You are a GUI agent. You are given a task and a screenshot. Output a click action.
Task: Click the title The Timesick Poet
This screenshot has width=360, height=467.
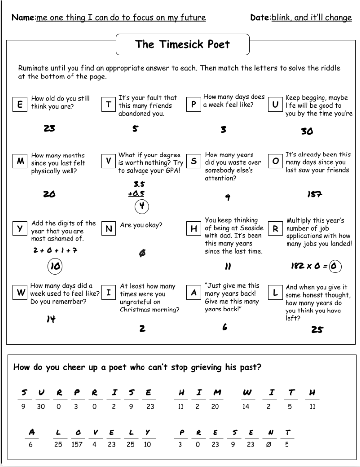tap(182, 44)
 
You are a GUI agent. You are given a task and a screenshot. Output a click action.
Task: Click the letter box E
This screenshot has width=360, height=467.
tap(20, 105)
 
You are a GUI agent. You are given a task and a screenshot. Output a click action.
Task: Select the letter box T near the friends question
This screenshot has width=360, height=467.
tap(108, 105)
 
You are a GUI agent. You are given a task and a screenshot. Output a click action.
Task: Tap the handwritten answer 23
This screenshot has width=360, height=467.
tap(49, 129)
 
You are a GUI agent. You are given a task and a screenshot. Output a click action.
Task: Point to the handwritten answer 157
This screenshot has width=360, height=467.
tap(315, 194)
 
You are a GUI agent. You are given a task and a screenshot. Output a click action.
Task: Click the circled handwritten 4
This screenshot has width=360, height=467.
tap(142, 205)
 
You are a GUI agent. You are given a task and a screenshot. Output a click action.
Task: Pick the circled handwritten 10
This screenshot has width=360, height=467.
tap(55, 267)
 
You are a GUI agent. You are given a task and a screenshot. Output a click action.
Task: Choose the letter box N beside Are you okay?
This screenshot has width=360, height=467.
tap(108, 229)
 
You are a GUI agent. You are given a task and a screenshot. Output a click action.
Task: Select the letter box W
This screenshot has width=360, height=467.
tap(21, 292)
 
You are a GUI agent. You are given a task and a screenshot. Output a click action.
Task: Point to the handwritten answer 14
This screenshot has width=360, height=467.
tap(50, 319)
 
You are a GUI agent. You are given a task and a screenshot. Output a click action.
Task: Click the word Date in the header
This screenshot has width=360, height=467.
tap(260, 18)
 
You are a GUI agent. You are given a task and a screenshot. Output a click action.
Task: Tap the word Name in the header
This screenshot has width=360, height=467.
tap(23, 18)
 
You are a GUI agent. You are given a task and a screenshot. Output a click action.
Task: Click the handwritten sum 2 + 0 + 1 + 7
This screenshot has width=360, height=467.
tap(55, 250)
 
